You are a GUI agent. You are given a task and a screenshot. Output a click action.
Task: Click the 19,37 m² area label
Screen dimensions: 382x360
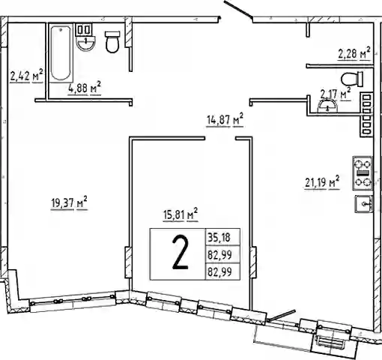(69, 202)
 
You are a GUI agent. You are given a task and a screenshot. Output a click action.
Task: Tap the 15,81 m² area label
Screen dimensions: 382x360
(181, 214)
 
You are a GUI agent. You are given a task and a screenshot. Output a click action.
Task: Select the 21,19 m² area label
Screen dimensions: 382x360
(322, 182)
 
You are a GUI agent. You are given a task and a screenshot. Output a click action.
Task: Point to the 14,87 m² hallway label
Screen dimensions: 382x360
(225, 119)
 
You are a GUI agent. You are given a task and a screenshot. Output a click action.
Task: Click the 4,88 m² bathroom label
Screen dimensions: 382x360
(85, 88)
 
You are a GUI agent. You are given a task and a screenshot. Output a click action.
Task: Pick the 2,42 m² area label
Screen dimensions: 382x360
(27, 75)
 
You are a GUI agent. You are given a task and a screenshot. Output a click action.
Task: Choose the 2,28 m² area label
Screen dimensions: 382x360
(354, 53)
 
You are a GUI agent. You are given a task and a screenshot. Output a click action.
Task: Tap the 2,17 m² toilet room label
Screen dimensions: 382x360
(336, 94)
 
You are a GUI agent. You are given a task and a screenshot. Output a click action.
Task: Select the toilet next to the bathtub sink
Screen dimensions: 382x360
(112, 42)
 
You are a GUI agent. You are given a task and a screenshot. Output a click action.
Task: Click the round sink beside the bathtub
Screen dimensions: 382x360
(86, 43)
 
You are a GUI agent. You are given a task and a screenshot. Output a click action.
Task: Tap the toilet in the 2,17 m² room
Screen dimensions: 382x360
(352, 79)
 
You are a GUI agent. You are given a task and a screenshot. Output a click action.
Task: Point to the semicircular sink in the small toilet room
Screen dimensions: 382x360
(327, 106)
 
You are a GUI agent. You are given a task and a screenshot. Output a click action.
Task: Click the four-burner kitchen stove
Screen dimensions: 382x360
(363, 173)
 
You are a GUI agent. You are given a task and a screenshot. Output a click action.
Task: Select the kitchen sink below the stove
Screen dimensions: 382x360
(363, 204)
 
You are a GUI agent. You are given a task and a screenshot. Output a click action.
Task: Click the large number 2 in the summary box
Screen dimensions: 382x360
(181, 253)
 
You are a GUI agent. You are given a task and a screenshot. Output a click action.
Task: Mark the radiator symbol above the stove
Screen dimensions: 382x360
(366, 114)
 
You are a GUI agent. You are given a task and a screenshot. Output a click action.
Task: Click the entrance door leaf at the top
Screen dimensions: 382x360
(239, 10)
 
